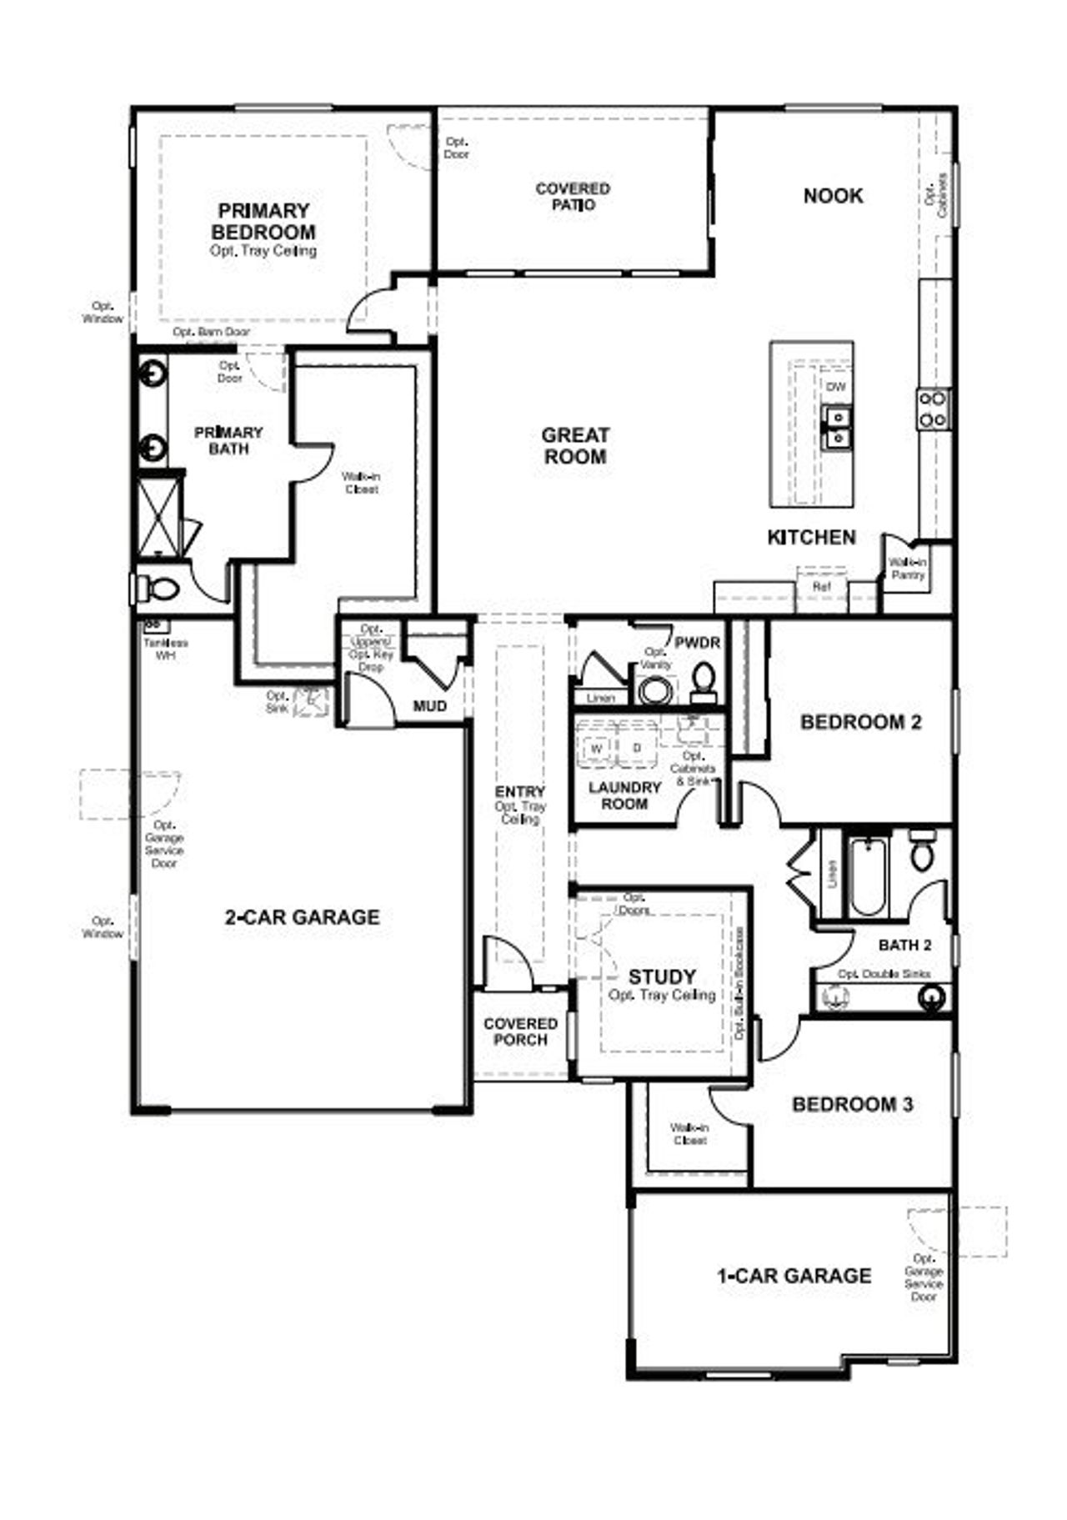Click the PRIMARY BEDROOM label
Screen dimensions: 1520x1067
coord(263,222)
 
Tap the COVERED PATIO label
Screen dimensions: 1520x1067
coord(573,197)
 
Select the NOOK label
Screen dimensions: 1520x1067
coord(833,196)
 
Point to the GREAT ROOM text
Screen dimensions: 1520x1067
coord(575,446)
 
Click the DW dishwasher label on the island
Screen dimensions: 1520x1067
coord(835,387)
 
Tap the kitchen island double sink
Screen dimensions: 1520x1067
coord(836,426)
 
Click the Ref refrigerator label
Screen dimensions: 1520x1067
coord(822,586)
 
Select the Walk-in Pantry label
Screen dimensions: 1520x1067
coord(908,569)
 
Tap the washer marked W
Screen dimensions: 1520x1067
coord(597,748)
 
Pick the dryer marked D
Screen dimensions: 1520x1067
coord(637,748)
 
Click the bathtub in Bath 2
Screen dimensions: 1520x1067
coord(868,875)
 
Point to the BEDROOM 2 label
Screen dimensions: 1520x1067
coord(860,722)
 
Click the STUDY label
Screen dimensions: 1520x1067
coord(662,976)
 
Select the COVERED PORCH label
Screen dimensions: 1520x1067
coord(520,1031)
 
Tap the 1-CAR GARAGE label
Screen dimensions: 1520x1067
coord(794,1276)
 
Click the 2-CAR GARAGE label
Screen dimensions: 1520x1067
coord(302,917)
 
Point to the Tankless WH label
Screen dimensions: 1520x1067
coord(165,649)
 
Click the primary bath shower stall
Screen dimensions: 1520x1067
coord(158,516)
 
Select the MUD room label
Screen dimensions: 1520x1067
coord(430,706)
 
